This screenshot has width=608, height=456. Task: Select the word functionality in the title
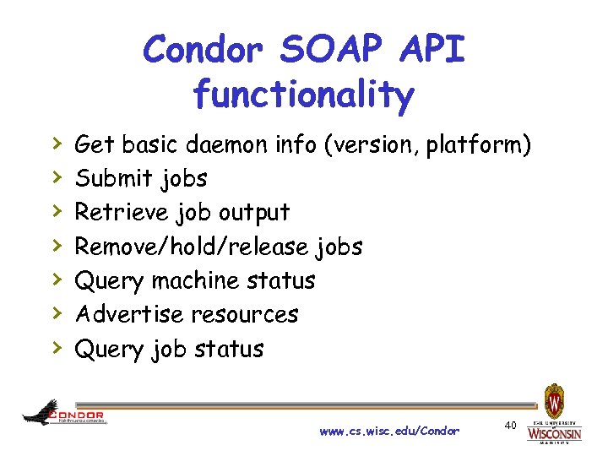(303, 95)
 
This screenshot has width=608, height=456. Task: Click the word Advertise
(129, 314)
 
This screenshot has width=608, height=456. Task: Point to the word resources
(244, 314)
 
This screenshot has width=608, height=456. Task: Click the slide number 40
(510, 424)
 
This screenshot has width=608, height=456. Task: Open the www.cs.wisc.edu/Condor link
(389, 432)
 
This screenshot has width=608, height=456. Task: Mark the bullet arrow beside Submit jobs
(56, 177)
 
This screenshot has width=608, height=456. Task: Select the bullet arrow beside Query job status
(56, 347)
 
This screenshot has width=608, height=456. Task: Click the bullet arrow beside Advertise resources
(56, 313)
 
